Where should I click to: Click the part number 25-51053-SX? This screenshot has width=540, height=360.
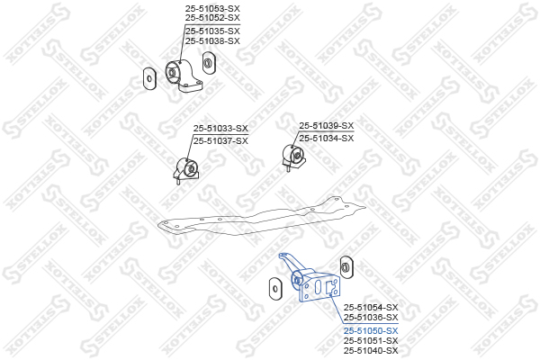(x=212, y=7)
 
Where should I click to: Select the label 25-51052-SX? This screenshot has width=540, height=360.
(x=212, y=18)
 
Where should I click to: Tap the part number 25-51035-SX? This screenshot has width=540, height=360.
(x=212, y=30)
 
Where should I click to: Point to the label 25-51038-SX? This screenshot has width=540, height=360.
(x=212, y=40)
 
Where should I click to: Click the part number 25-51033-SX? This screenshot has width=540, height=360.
(x=220, y=129)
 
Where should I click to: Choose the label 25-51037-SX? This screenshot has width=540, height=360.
(x=220, y=140)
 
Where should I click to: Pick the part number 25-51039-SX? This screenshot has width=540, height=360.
(x=326, y=126)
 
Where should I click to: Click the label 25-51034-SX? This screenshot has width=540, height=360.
(x=326, y=138)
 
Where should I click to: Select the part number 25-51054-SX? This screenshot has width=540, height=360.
(x=370, y=307)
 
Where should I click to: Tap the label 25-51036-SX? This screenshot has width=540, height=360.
(x=370, y=318)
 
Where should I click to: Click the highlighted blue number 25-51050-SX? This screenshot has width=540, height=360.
(x=370, y=331)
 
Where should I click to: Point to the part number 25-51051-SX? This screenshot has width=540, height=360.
(x=370, y=341)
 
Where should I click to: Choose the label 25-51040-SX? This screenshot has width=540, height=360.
(x=370, y=351)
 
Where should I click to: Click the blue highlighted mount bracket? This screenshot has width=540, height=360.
(x=316, y=284)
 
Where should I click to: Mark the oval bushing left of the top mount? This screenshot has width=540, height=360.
(x=148, y=78)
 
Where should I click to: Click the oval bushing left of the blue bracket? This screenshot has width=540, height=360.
(x=272, y=288)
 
